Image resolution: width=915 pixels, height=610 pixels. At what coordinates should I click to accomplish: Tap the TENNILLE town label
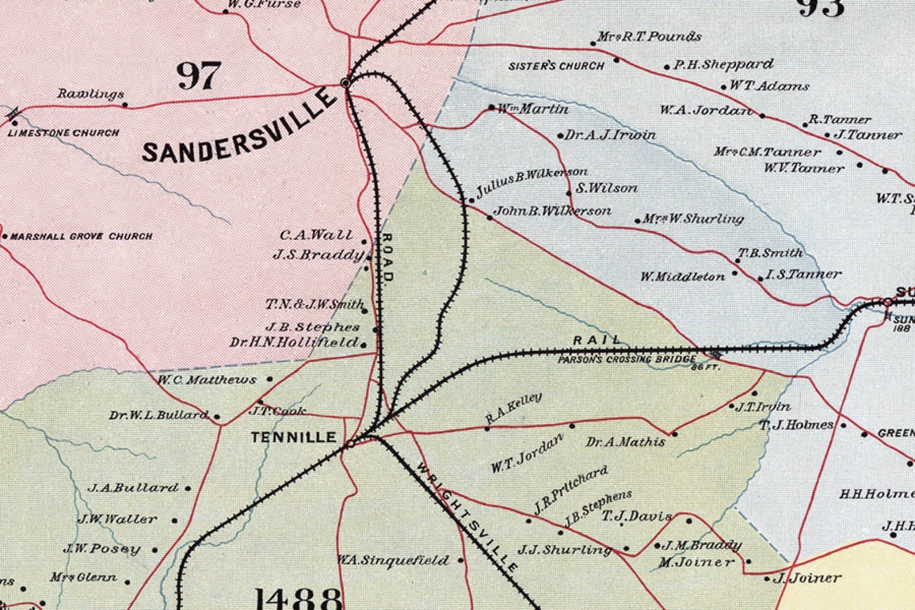(293, 437)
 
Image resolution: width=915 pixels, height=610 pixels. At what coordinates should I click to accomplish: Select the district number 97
(198, 76)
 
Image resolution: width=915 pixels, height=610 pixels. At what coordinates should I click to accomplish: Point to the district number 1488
(299, 598)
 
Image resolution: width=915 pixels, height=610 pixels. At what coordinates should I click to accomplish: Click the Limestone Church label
(64, 133)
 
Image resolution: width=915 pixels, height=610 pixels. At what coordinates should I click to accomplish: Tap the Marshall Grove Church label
(81, 237)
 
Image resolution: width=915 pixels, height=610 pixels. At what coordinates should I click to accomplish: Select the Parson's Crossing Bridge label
(624, 360)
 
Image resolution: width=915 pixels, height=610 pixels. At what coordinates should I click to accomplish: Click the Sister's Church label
(556, 66)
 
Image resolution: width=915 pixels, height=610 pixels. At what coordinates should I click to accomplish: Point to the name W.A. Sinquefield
(392, 560)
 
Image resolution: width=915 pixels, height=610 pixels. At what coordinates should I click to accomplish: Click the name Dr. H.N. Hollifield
(294, 343)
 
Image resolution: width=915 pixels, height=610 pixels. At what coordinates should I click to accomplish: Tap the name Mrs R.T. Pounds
(649, 37)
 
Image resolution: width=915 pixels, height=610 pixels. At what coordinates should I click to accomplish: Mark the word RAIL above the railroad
(598, 340)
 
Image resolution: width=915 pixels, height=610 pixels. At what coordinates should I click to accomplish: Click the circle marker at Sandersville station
(346, 82)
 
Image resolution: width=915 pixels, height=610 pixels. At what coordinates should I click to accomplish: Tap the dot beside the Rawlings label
(124, 104)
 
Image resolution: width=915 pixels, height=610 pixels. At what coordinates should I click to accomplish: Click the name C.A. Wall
(316, 235)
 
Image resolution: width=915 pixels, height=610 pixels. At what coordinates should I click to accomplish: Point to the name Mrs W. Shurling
(693, 218)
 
